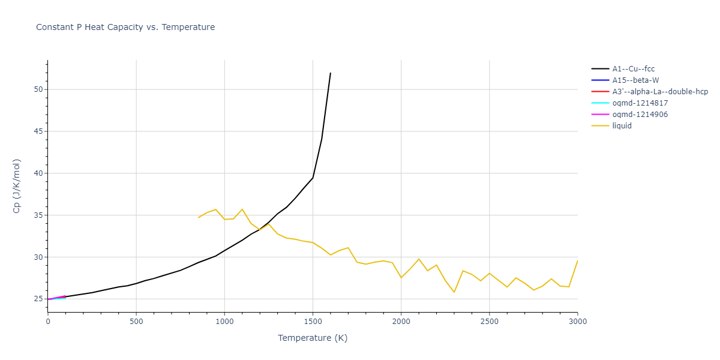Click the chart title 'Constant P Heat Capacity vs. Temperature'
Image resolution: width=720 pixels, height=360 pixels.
click(125, 27)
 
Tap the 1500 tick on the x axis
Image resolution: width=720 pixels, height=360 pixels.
click(313, 322)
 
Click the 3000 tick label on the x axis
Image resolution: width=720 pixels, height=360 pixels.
click(577, 322)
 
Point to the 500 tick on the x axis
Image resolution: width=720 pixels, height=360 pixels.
click(136, 322)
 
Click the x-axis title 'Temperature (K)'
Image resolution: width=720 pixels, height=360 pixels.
click(313, 338)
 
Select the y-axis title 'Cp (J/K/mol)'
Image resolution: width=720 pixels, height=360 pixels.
click(17, 186)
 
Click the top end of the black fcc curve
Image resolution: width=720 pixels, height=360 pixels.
click(331, 73)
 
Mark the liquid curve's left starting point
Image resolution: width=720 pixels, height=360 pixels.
click(198, 217)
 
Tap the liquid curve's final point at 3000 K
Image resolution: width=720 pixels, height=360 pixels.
click(577, 260)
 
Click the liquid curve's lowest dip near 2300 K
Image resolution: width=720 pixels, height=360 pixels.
click(454, 292)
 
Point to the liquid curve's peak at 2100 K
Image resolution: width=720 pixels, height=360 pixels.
click(419, 259)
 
